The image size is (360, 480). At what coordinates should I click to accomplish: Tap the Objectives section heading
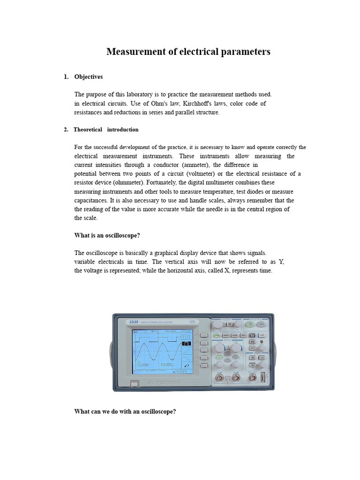[x=89, y=77]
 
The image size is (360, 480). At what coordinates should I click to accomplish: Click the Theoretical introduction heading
[x=106, y=130]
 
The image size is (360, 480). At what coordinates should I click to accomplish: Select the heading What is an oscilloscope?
[x=107, y=236]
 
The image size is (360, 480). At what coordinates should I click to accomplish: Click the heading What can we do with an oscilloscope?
[x=125, y=412]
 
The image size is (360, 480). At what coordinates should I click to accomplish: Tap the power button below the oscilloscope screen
[x=134, y=384]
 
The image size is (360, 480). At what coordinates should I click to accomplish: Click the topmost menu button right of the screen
[x=203, y=336]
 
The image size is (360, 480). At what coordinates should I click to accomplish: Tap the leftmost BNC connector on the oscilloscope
[x=219, y=377]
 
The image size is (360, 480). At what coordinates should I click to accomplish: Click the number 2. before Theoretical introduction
[x=66, y=130]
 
